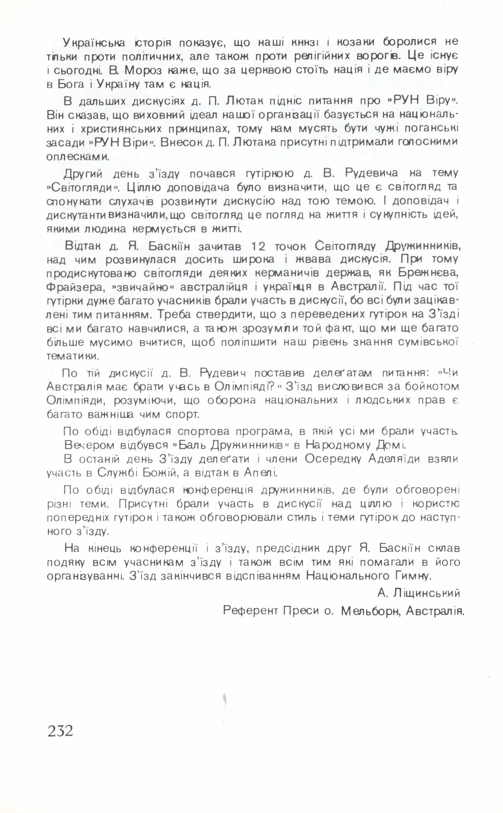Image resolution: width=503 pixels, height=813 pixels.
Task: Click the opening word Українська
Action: [x=94, y=43]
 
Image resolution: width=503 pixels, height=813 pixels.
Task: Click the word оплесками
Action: [x=78, y=157]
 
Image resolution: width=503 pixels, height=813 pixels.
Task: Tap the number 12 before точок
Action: [x=258, y=247]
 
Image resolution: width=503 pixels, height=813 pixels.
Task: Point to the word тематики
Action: [x=73, y=356]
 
